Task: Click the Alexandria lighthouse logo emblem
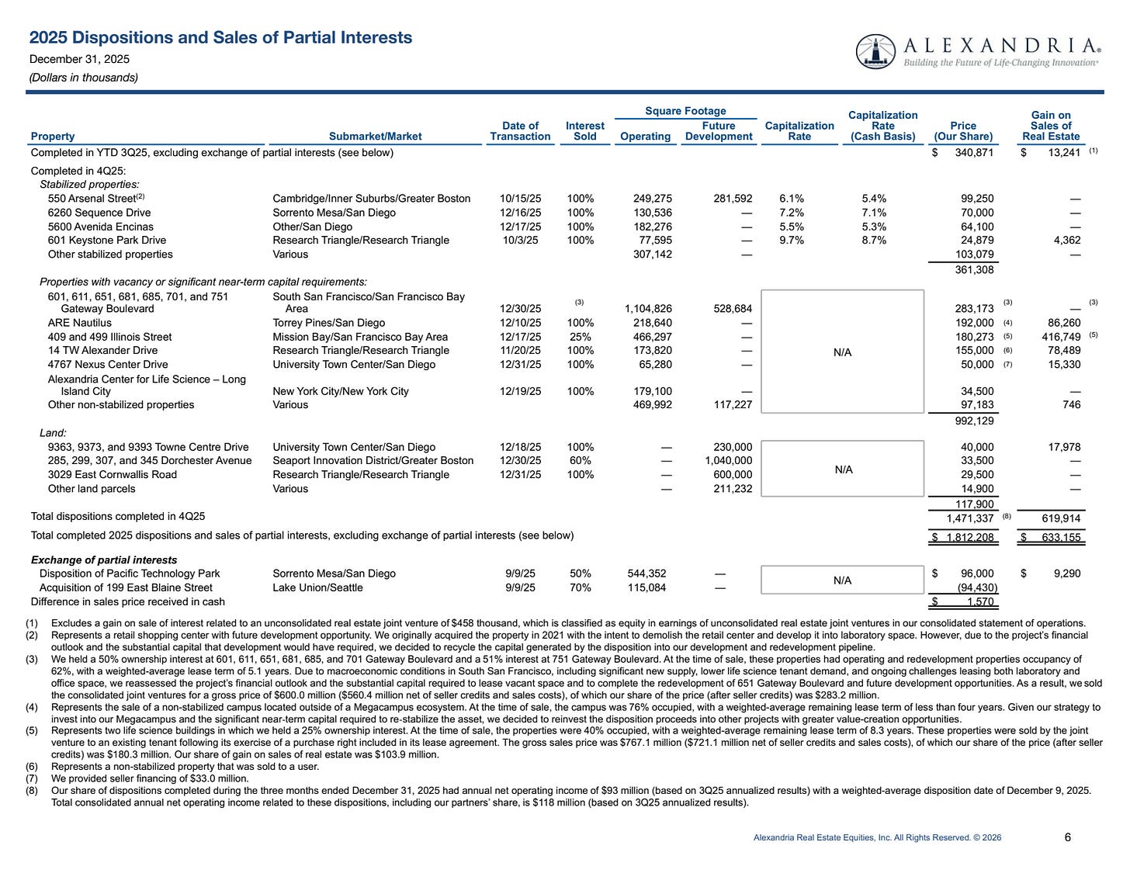pos(875,51)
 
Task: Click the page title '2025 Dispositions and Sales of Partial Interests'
pos(220,38)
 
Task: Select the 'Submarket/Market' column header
pos(375,137)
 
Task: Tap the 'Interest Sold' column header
pos(584,131)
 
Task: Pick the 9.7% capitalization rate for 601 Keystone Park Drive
pos(792,241)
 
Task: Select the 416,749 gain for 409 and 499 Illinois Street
pos(1060,337)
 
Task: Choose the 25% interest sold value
pos(580,337)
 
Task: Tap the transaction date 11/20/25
pos(520,351)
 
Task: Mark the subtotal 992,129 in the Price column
pos(974,421)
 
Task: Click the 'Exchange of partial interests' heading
pos(104,560)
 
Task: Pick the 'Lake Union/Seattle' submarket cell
pos(317,588)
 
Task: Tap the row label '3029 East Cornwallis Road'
pos(112,475)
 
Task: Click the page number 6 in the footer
pos(1068,837)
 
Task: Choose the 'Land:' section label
pos(53,433)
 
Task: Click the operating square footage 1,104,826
pos(648,309)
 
